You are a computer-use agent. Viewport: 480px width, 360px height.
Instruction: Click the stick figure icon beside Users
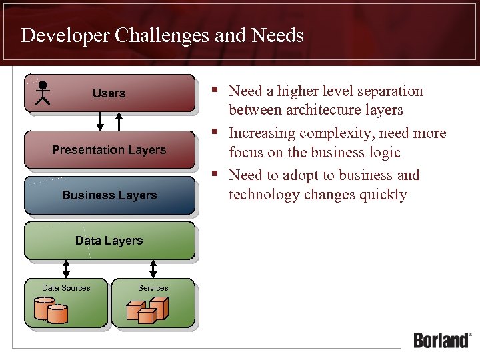[43, 93]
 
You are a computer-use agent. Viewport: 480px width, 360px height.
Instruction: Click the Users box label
[109, 93]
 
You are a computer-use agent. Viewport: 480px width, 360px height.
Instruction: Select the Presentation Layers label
[109, 150]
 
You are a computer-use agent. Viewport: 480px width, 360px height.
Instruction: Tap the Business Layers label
[109, 195]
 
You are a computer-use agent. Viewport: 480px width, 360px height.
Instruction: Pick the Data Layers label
[109, 241]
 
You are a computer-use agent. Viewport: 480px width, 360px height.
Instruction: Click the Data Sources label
[66, 288]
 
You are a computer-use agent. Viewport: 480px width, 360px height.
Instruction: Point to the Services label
[153, 288]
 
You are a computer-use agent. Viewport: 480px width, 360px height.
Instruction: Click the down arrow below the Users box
[101, 121]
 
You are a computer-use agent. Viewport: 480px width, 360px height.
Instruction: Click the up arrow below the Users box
[119, 121]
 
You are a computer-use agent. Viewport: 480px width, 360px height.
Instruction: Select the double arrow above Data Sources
[66, 269]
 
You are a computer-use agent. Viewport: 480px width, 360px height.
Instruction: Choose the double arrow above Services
[153, 269]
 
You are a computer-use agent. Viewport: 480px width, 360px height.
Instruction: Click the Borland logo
[442, 340]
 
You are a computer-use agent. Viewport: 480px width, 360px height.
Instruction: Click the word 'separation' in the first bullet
[387, 91]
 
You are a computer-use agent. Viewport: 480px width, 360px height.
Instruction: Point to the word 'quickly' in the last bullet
[384, 195]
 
